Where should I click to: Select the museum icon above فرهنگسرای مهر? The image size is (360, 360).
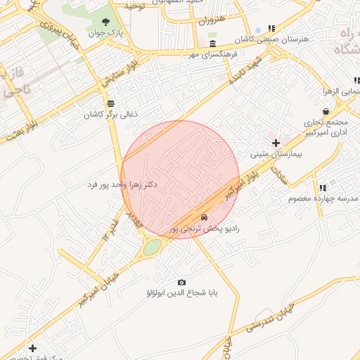click(x=212, y=44)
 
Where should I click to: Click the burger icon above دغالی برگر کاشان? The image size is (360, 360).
click(x=110, y=103)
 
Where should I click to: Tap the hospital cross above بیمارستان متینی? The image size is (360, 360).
click(x=276, y=143)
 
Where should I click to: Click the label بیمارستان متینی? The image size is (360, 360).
click(x=276, y=153)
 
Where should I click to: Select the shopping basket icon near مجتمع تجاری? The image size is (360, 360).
click(x=326, y=111)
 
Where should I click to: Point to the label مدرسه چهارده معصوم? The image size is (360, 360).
click(x=323, y=198)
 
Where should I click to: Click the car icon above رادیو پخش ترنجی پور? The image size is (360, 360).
click(x=204, y=217)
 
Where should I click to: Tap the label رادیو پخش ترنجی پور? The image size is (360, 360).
click(x=205, y=229)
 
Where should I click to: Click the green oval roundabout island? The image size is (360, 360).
click(x=152, y=247)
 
